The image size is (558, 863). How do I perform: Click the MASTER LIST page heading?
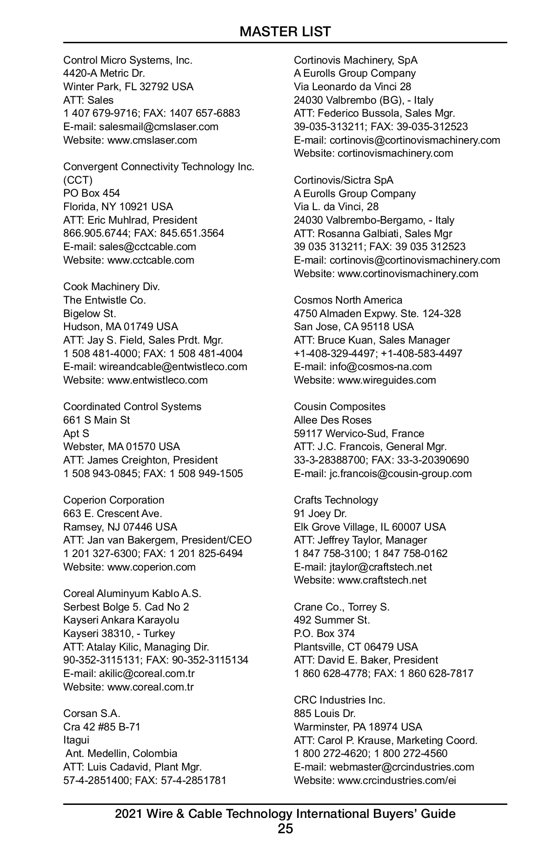pyautogui.click(x=285, y=32)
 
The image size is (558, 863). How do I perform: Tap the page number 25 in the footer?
pyautogui.click(x=285, y=829)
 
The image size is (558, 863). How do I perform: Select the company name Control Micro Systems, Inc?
pyautogui.click(x=128, y=60)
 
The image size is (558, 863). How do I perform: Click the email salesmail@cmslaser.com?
pyautogui.click(x=159, y=126)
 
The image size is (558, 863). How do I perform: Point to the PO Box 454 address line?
pyautogui.click(x=92, y=193)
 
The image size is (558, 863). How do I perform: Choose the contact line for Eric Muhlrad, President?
pyautogui.click(x=130, y=220)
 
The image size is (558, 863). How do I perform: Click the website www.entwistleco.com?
pyautogui.click(x=157, y=380)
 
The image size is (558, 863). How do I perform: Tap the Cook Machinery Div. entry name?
pyautogui.click(x=112, y=286)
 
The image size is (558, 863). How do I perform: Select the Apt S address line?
pyautogui.click(x=76, y=433)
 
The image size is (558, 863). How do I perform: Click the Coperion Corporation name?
pyautogui.click(x=114, y=500)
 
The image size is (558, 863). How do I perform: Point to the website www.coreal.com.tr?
pyautogui.click(x=150, y=687)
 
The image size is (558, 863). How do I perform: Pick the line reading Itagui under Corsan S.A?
pyautogui.click(x=76, y=740)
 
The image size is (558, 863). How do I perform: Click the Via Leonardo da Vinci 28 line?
pyautogui.click(x=352, y=86)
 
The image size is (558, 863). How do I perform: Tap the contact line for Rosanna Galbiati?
pyautogui.click(x=373, y=233)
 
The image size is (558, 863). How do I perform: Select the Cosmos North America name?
pyautogui.click(x=348, y=300)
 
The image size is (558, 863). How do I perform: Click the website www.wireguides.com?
pyautogui.click(x=386, y=380)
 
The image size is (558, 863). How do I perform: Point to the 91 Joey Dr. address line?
pyautogui.click(x=320, y=513)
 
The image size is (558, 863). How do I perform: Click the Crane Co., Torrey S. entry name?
pyautogui.click(x=342, y=607)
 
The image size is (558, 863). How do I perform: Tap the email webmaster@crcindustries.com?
pyautogui.click(x=402, y=767)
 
